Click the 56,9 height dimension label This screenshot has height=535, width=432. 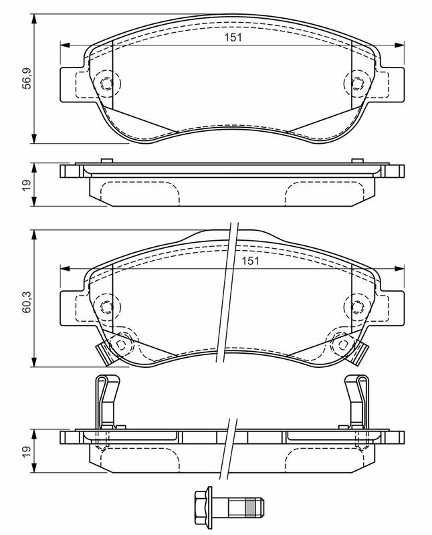click(26, 78)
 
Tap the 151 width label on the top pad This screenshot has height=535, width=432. click(233, 37)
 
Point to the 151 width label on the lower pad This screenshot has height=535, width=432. click(251, 261)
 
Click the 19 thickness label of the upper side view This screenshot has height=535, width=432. click(26, 185)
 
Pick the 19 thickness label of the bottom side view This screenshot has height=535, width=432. click(26, 451)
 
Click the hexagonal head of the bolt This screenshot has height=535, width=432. click(203, 504)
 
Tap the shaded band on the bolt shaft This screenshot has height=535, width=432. click(250, 504)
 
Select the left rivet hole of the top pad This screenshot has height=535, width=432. click(106, 84)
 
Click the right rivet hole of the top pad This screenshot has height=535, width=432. click(357, 84)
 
